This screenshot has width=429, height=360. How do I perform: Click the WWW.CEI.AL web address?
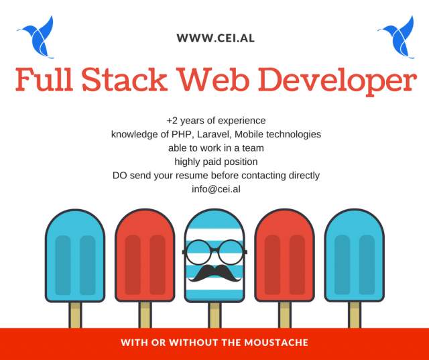(x=216, y=38)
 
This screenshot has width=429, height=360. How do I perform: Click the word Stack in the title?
(x=125, y=79)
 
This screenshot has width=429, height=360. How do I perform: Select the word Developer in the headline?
(x=337, y=81)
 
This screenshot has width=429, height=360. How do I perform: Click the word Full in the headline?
(x=44, y=79)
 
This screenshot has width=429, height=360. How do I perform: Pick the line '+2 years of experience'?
(x=216, y=121)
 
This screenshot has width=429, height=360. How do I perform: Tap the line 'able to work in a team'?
(x=216, y=148)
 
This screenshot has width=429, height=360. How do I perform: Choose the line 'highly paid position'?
(x=216, y=162)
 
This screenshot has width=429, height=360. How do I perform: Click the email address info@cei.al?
(x=216, y=189)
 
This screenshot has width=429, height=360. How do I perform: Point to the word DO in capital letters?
(x=119, y=176)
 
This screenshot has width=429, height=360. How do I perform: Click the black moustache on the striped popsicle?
(x=214, y=273)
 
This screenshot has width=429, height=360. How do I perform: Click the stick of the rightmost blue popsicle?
(x=355, y=315)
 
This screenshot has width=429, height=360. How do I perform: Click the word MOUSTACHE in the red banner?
(x=276, y=343)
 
